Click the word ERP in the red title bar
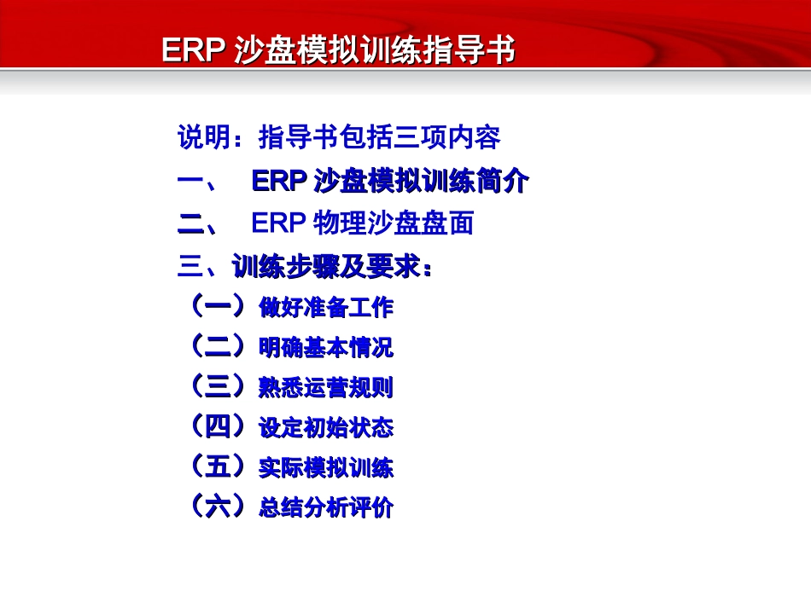(x=192, y=50)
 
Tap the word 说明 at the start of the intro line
(x=198, y=137)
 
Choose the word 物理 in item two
(x=340, y=224)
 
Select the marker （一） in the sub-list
(x=219, y=306)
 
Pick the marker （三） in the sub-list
(x=219, y=386)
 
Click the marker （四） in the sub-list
(x=219, y=426)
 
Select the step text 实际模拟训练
(x=326, y=468)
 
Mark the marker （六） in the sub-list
(x=219, y=507)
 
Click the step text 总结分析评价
(x=326, y=508)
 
